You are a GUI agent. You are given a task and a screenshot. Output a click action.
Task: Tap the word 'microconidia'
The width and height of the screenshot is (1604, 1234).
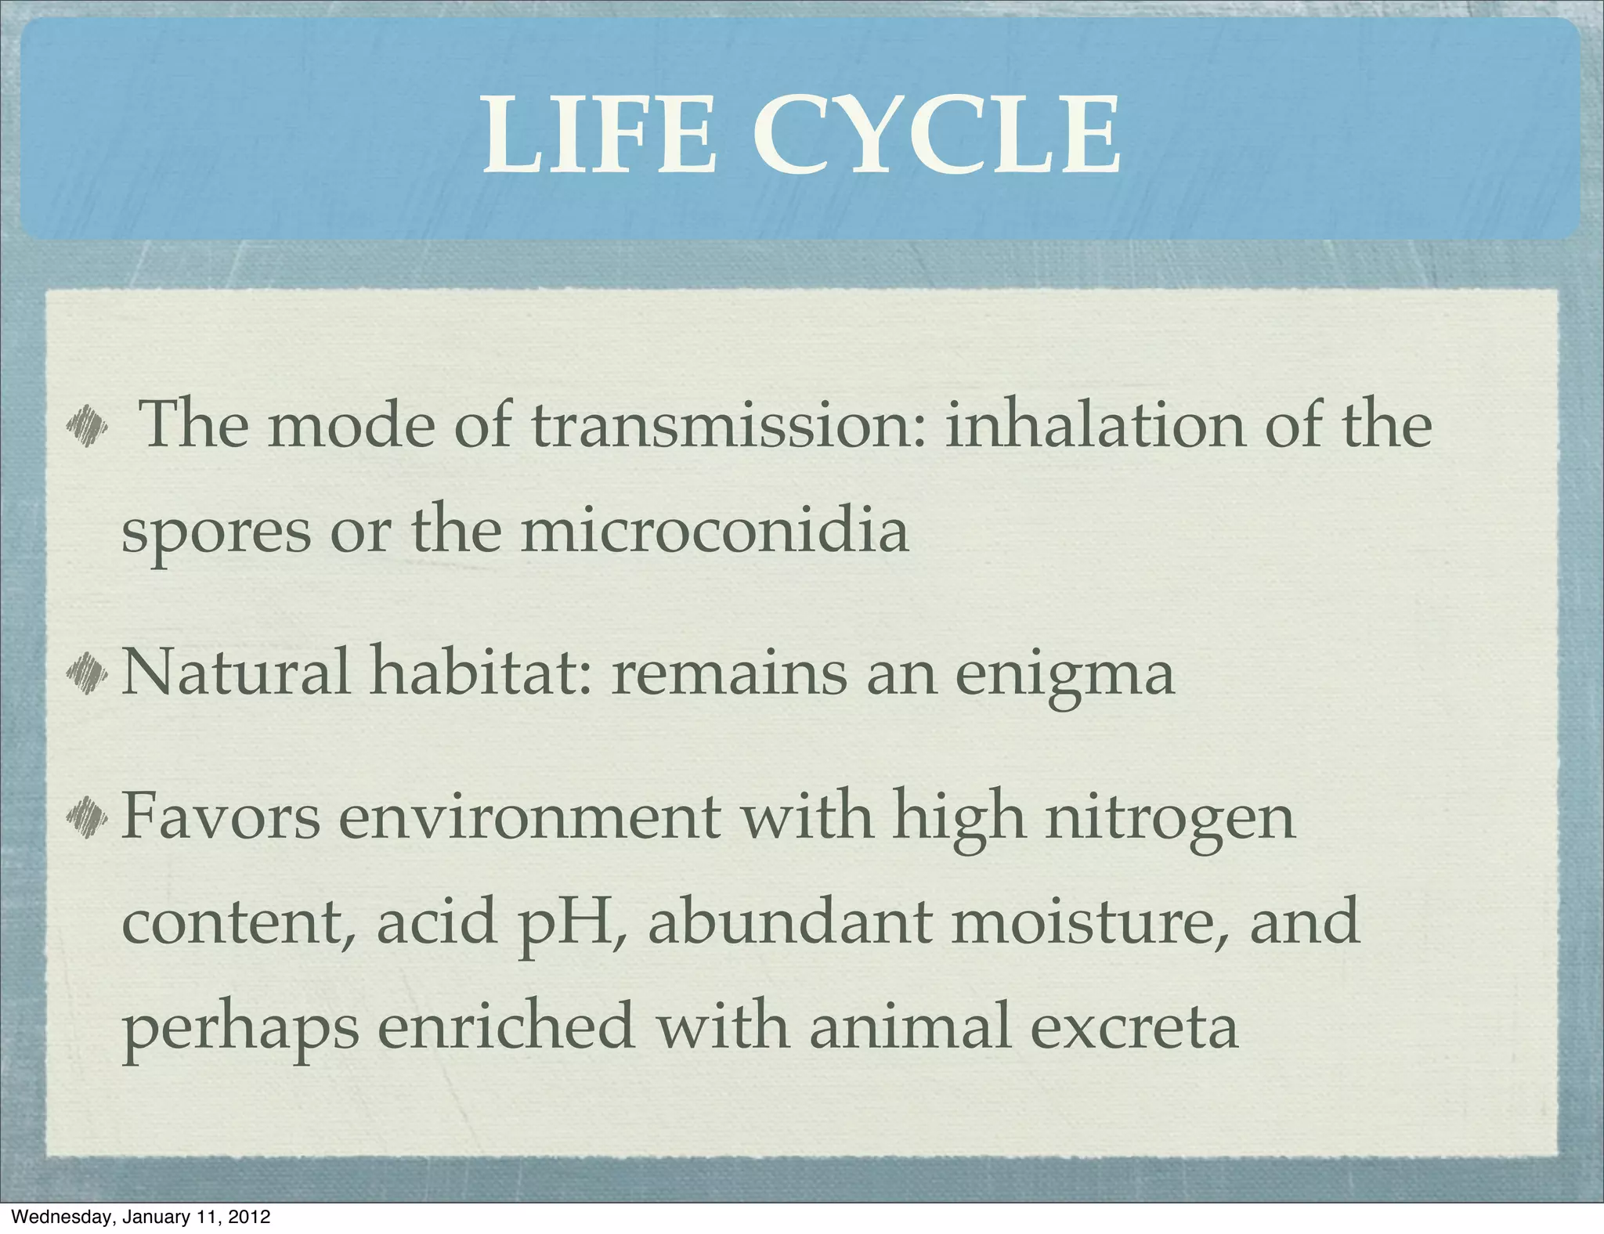pyautogui.click(x=714, y=531)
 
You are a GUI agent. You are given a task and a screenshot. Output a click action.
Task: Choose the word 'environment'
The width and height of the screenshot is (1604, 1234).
pyautogui.click(x=529, y=817)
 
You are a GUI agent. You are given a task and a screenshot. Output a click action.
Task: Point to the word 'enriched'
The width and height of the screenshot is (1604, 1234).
pyautogui.click(x=506, y=1026)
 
